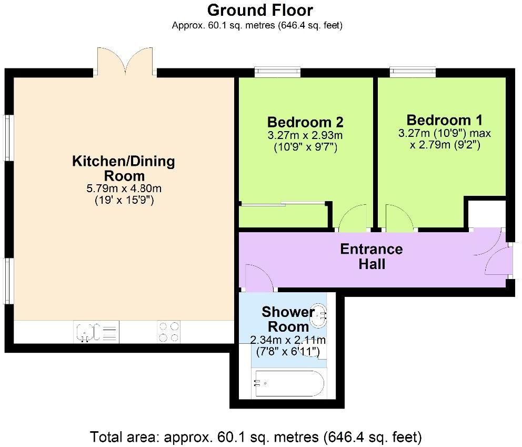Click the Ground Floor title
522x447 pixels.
point(260,10)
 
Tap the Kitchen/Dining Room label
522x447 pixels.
point(123,168)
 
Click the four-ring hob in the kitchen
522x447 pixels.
point(168,332)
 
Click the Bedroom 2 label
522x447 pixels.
point(305,122)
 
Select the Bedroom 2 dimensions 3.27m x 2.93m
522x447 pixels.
point(305,136)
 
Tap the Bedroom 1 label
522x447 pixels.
point(444,120)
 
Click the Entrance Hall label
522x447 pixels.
point(372,256)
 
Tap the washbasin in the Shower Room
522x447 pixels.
point(319,314)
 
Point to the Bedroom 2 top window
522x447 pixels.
point(277,72)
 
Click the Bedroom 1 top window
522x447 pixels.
point(413,72)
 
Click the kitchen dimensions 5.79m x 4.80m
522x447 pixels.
point(123,188)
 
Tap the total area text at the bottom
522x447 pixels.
point(256,436)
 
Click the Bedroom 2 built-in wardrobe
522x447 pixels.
point(283,216)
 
